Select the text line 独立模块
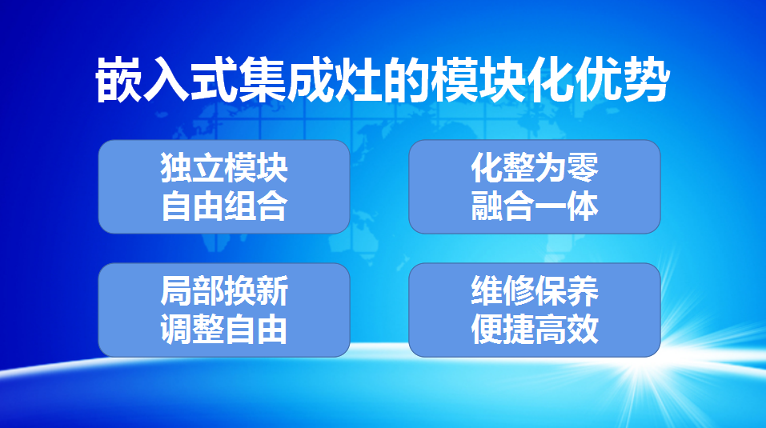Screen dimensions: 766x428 point(224,168)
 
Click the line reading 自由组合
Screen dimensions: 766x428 point(224,206)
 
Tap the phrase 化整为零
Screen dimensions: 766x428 point(535,168)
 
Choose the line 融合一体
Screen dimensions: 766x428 point(535,206)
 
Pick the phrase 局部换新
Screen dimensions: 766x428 point(224,291)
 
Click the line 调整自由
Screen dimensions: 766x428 point(224,329)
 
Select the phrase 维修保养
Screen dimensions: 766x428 point(535,291)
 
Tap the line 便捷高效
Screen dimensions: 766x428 point(535,329)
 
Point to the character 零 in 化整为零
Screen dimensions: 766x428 point(583,168)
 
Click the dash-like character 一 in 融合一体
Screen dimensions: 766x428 point(551,206)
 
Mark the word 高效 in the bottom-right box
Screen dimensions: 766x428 point(567,329)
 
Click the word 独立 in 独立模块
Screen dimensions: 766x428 point(192,168)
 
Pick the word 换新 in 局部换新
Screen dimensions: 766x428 point(256,291)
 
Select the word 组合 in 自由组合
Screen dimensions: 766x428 point(256,206)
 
